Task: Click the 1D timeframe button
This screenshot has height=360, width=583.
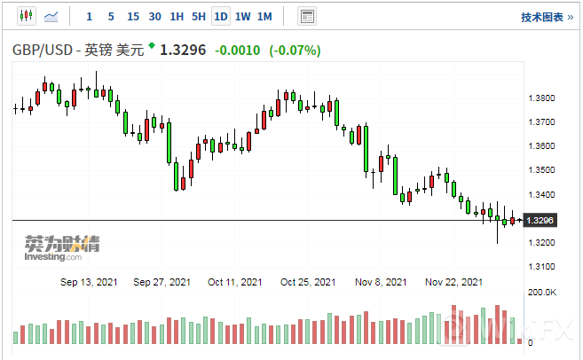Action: pyautogui.click(x=221, y=17)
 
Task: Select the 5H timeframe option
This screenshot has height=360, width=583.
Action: pyautogui.click(x=198, y=17)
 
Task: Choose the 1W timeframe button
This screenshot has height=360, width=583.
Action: pyautogui.click(x=243, y=17)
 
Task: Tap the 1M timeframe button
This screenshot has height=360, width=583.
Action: pyautogui.click(x=264, y=17)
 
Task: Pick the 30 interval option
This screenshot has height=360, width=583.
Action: pyautogui.click(x=154, y=17)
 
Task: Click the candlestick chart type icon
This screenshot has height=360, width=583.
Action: pyautogui.click(x=25, y=17)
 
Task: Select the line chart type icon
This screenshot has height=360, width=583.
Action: pyautogui.click(x=51, y=17)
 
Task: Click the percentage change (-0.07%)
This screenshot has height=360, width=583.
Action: pyautogui.click(x=295, y=51)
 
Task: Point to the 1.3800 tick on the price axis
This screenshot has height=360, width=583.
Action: pyautogui.click(x=541, y=98)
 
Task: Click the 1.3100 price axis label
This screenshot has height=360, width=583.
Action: pyautogui.click(x=541, y=267)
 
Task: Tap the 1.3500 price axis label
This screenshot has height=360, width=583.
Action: pyautogui.click(x=541, y=170)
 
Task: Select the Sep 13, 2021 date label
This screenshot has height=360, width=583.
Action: pyautogui.click(x=89, y=282)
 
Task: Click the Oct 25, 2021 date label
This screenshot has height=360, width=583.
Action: pyautogui.click(x=308, y=282)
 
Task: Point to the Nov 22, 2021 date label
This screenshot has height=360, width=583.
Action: pyautogui.click(x=453, y=282)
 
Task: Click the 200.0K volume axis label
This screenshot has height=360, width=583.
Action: pyautogui.click(x=542, y=292)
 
